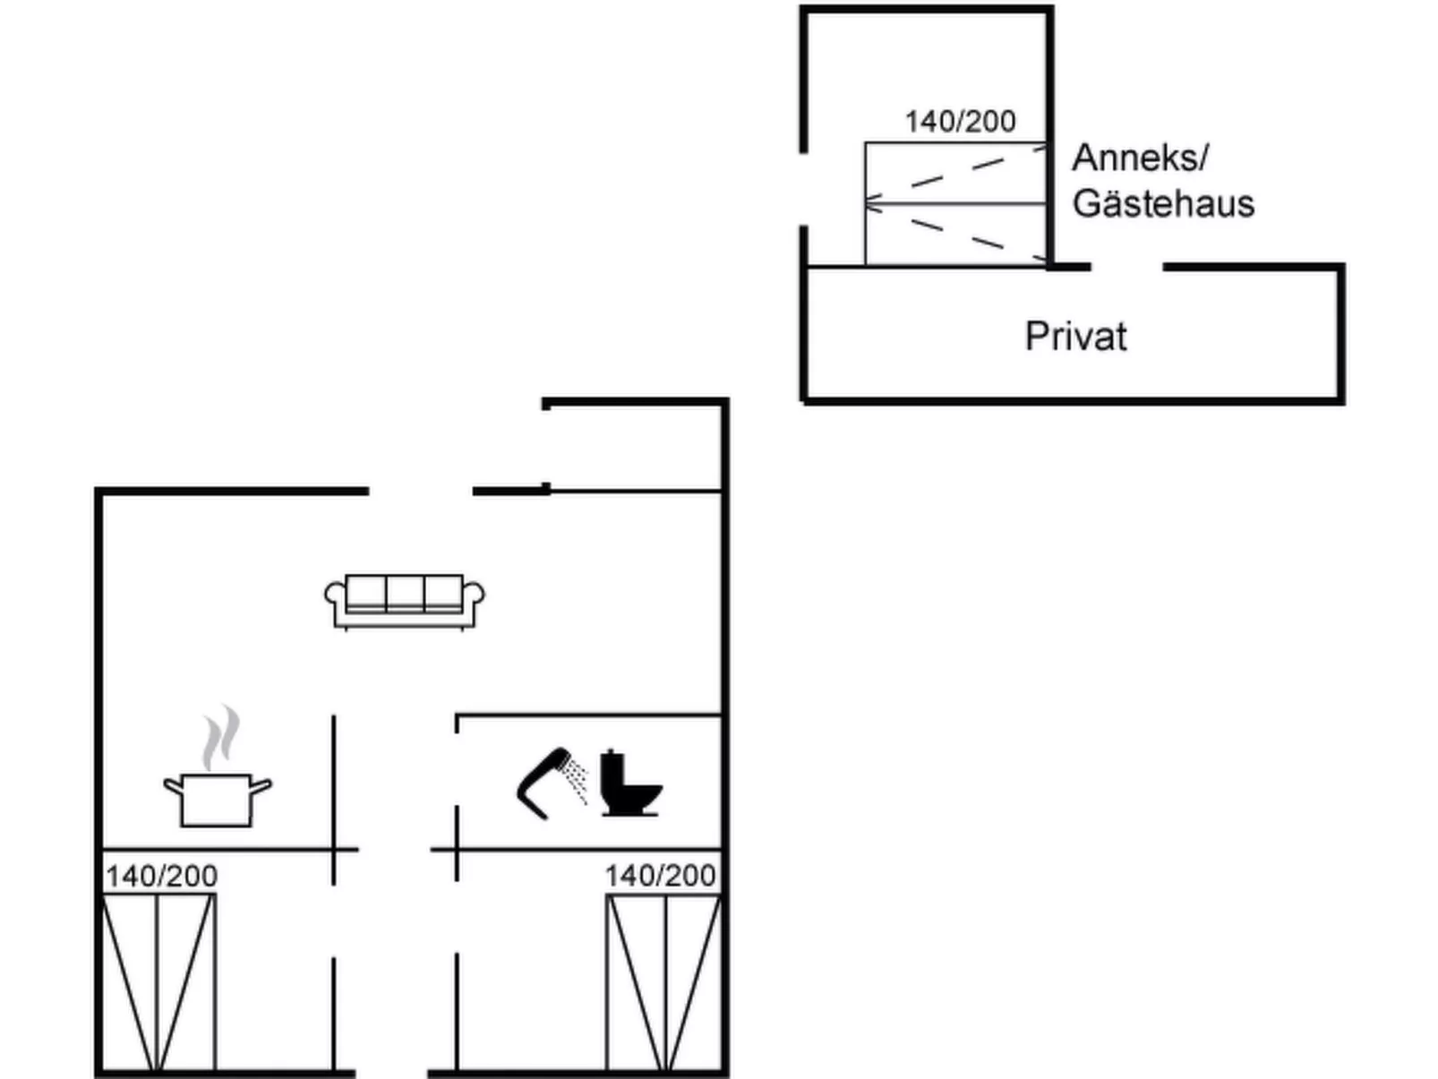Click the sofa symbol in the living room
[x=405, y=601]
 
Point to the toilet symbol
[x=629, y=784]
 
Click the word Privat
[x=1075, y=337]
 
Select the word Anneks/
[x=1140, y=158]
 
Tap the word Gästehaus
[x=1163, y=203]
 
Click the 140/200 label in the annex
[x=960, y=121]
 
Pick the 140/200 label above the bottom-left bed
[x=161, y=875]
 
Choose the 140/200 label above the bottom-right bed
[x=660, y=875]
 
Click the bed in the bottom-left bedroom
[x=158, y=981]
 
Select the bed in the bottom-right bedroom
[x=663, y=981]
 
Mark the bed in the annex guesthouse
[x=955, y=204]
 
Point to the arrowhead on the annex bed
[x=870, y=204]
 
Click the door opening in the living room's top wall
[x=420, y=491]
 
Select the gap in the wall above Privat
[x=1126, y=267]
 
